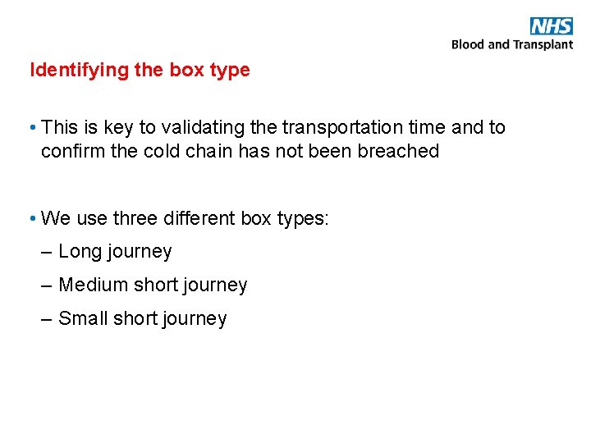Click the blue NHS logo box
[551, 25]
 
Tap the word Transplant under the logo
[543, 44]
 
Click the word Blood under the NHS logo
[468, 44]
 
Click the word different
[199, 218]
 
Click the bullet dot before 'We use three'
[30, 218]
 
